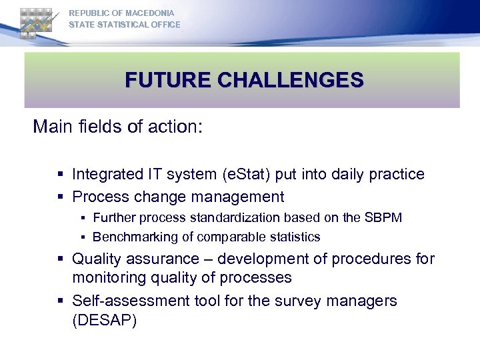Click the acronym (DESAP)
point(105,320)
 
